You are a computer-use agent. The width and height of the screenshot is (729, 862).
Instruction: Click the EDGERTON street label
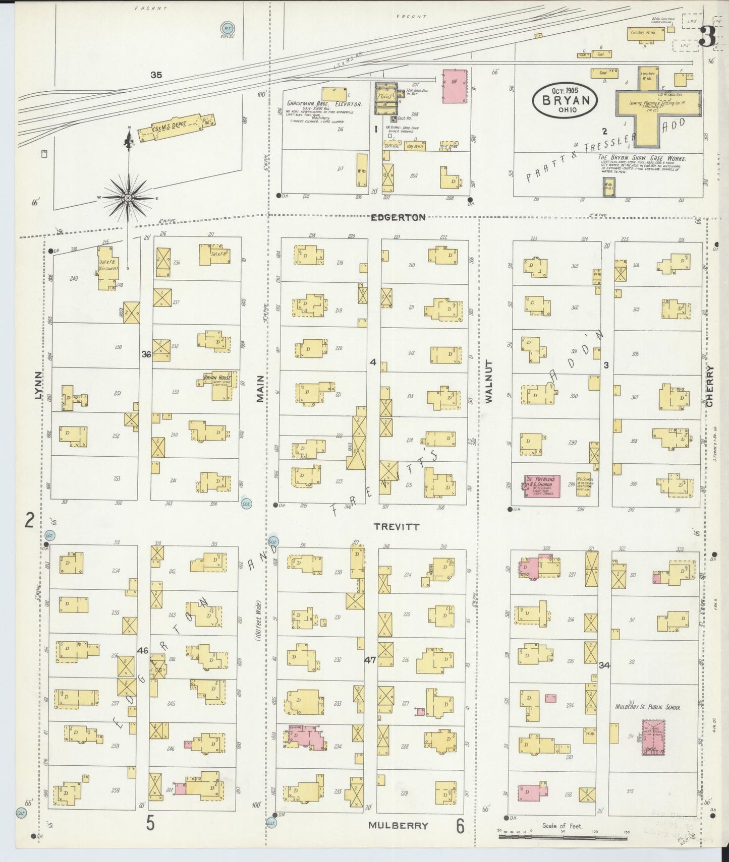click(398, 217)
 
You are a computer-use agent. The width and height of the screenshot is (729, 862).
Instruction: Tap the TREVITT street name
click(396, 526)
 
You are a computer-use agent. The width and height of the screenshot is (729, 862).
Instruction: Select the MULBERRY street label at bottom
click(398, 825)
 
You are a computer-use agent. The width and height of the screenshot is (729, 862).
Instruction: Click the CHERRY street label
click(710, 386)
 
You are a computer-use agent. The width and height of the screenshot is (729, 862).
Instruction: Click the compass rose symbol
click(128, 198)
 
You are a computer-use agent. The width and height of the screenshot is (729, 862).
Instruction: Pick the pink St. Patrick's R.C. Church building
click(542, 485)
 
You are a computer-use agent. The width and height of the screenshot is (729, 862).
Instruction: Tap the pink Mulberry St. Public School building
click(653, 737)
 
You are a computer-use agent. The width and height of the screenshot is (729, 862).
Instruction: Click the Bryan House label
click(217, 378)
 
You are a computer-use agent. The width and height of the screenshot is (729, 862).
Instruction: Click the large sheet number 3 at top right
click(707, 35)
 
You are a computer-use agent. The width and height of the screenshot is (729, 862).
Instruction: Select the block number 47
click(370, 659)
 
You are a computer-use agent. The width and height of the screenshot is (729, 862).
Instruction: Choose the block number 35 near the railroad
click(156, 75)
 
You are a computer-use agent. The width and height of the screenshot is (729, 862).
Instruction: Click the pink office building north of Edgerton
click(455, 86)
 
